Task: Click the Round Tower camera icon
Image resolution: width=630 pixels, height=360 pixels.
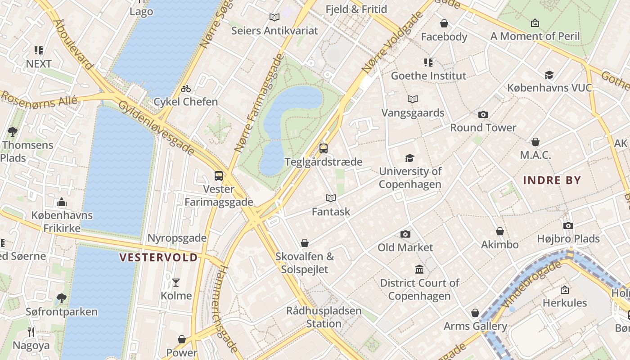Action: (483, 114)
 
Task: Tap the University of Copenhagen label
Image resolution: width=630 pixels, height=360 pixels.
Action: (410, 178)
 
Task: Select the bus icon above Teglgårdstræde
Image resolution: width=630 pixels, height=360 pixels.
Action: (323, 148)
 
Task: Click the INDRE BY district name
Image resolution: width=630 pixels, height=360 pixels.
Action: (552, 180)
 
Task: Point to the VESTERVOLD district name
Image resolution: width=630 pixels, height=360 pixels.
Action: (158, 257)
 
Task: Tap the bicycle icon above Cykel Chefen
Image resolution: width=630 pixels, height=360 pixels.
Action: (186, 89)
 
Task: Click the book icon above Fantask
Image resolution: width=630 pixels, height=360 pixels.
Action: (331, 198)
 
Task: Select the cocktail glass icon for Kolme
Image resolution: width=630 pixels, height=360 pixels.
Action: (176, 283)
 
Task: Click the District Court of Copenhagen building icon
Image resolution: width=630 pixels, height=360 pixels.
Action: (419, 270)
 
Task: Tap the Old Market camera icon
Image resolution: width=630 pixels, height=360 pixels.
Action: (405, 234)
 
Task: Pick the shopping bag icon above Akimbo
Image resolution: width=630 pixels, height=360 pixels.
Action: (499, 231)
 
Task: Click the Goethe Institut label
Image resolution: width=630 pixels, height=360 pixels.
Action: (428, 76)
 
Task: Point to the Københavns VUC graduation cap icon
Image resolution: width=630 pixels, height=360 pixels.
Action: (549, 75)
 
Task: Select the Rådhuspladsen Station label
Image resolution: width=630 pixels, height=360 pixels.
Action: (324, 317)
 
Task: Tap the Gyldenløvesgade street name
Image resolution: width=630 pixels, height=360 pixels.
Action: (156, 128)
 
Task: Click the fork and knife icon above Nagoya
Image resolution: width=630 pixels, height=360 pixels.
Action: (31, 332)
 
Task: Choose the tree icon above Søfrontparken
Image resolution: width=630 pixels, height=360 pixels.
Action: (61, 298)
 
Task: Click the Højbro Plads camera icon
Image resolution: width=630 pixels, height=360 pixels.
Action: (568, 225)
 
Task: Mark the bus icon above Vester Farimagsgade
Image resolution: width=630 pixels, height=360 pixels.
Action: (219, 176)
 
